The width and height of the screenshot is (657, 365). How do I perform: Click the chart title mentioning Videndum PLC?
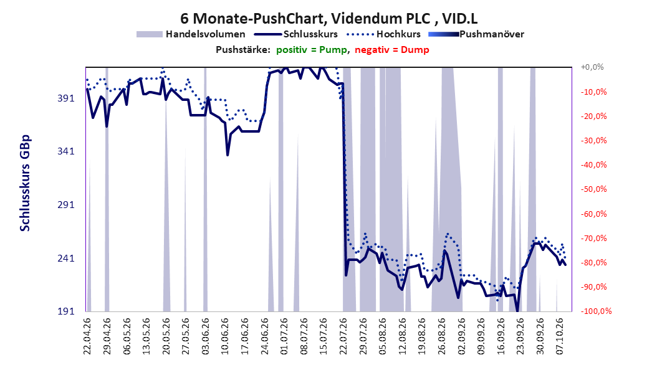pos(328,19)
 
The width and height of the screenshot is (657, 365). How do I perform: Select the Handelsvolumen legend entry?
pos(191,34)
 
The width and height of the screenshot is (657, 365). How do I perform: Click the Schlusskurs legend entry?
pos(296,34)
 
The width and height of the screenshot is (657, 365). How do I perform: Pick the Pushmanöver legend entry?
pos(476,34)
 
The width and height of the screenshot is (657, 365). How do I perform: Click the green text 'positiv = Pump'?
pos(312,50)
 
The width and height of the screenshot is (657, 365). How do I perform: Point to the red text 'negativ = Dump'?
pos(392,50)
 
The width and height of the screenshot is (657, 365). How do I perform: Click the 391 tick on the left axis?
pos(66,98)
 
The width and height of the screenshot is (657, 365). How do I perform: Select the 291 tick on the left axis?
pos(66,205)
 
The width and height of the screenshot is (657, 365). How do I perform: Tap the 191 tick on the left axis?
pos(66,311)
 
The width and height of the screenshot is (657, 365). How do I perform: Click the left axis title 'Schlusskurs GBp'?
pos(25,183)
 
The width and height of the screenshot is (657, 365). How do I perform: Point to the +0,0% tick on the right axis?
pos(592,67)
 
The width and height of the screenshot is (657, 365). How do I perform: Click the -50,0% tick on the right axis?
pos(593,189)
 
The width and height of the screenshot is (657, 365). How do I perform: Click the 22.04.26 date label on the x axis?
pos(87,336)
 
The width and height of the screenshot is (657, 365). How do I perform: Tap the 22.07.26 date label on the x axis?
pos(343,336)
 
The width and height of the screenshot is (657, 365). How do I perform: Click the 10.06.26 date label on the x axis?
pos(225,336)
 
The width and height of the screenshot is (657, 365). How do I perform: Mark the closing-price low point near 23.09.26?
pos(517,311)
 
